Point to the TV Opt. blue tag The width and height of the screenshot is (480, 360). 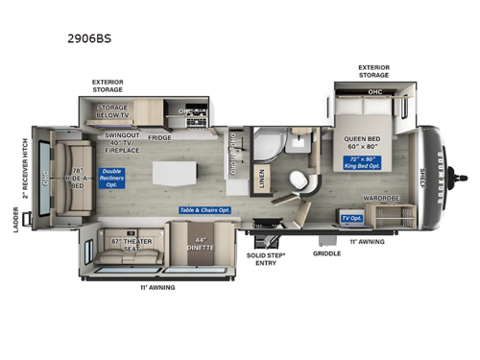(351, 218)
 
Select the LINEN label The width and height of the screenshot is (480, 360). (263, 178)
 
